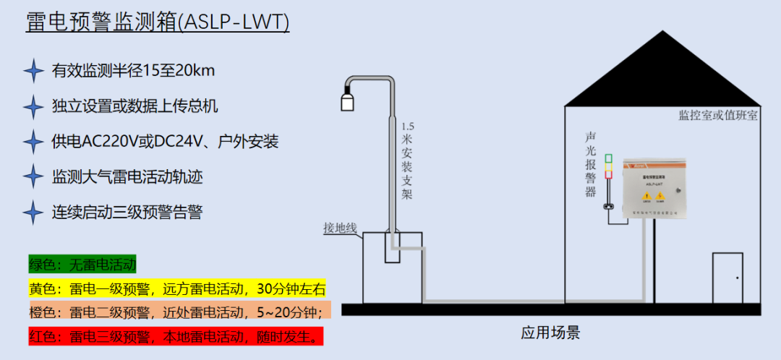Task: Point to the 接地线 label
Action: coord(341,228)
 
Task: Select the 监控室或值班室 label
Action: coord(717,115)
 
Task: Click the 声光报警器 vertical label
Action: coord(591,165)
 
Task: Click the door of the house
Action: coord(727,278)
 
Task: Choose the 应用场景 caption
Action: coord(550,333)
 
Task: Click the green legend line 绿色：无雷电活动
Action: coord(82,265)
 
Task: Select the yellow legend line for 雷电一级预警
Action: coord(177,288)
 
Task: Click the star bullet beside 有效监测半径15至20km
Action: coord(33,71)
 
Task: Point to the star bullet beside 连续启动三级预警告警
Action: coord(33,213)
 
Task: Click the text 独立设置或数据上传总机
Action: coord(135,106)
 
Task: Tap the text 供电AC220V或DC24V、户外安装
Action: coord(165,142)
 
